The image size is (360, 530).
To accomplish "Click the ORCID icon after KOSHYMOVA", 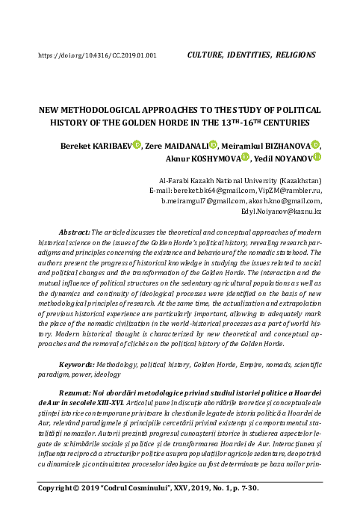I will point(245,158).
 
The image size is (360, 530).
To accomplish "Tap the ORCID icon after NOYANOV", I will point(317,158).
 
